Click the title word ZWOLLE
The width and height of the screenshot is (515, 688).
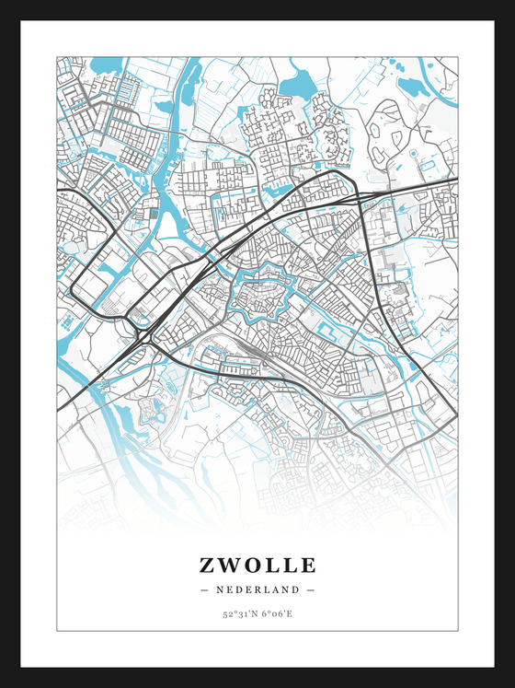tap(257, 565)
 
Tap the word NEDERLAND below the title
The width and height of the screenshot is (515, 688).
tap(257, 589)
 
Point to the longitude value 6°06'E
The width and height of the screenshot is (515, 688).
tap(276, 612)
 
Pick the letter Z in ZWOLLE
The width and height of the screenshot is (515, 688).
tap(205, 565)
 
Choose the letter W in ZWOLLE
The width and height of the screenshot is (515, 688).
tap(228, 565)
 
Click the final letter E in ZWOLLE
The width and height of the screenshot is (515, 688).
tap(308, 565)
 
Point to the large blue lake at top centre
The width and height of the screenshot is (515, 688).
tap(296, 87)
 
